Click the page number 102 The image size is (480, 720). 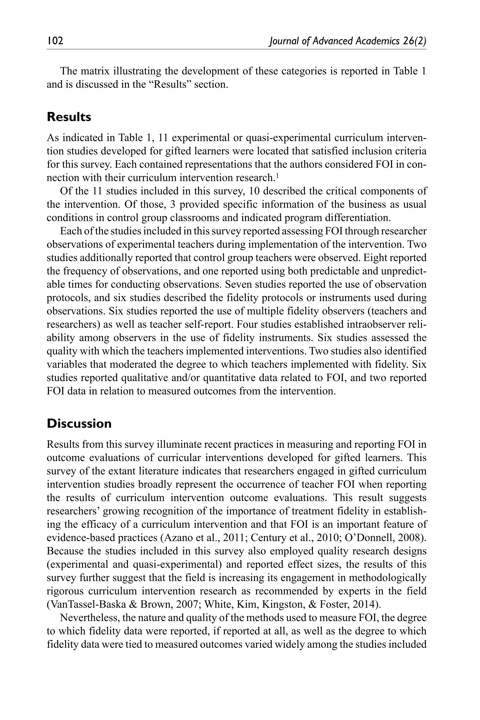[55, 41]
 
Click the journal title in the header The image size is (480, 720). [347, 41]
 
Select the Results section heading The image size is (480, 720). [69, 117]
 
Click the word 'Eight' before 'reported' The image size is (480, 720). [373, 258]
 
